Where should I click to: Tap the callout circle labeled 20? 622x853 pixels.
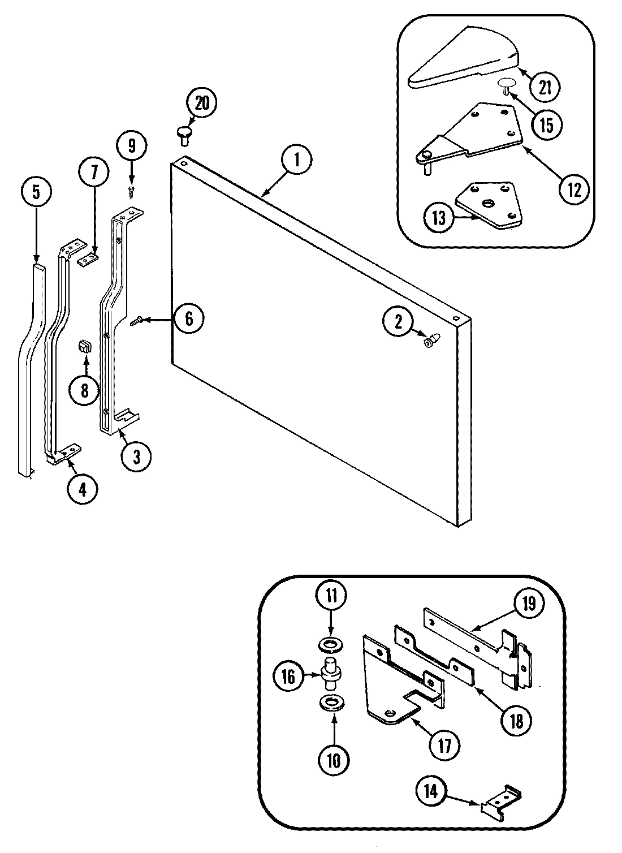202,104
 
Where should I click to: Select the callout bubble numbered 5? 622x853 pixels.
36,193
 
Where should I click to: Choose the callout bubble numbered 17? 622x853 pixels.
445,746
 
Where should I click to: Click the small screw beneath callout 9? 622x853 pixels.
132,192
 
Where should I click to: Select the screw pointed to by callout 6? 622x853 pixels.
136,321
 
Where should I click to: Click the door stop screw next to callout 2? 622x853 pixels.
431,341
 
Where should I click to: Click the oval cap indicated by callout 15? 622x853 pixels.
505,84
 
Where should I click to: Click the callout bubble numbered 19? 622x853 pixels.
528,604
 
